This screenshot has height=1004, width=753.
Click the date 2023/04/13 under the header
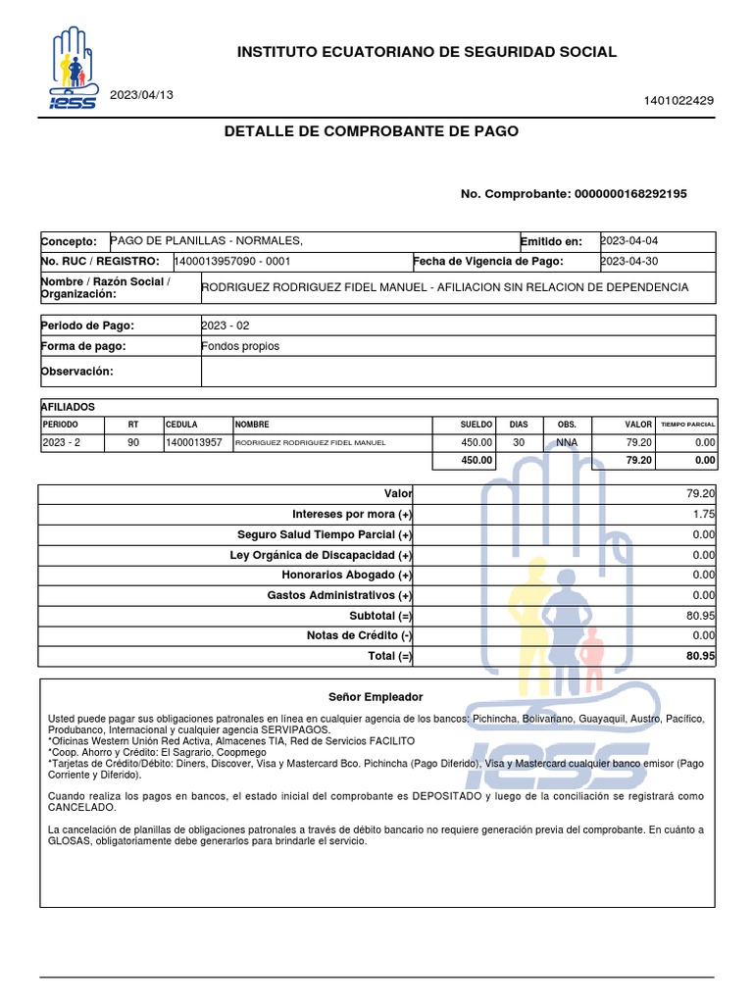coord(143,94)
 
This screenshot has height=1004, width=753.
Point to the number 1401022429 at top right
coord(678,100)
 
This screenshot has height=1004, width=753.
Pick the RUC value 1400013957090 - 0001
coord(232,262)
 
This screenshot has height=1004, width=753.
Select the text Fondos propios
coord(240,346)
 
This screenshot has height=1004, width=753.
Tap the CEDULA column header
coord(182,425)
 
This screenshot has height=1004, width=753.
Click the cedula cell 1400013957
coord(194,443)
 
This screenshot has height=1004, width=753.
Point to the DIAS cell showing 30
coord(519,443)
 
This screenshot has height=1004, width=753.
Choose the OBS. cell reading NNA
coord(568,443)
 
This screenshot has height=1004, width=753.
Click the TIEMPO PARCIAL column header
coord(688,425)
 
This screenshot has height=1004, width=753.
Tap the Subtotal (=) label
coord(380,616)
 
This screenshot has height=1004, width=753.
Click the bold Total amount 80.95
coord(700,656)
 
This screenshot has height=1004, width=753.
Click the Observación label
coord(77,371)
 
